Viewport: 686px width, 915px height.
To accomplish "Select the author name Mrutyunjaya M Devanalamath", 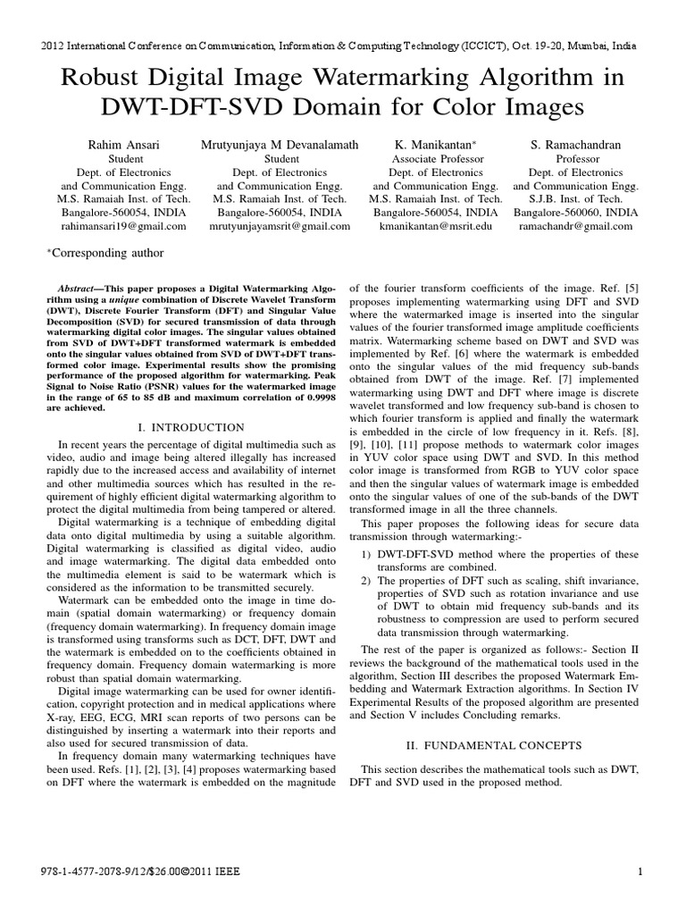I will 279,143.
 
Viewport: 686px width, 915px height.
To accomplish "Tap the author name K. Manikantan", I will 435,143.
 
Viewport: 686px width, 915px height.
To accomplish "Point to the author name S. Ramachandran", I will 576,143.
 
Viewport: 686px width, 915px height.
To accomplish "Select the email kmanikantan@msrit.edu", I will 435,226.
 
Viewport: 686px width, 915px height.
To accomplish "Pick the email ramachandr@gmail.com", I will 576,226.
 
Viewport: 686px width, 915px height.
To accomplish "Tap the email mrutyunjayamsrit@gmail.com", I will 279,226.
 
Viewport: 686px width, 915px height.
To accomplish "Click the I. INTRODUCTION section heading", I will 191,428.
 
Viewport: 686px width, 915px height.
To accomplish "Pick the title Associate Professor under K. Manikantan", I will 435,158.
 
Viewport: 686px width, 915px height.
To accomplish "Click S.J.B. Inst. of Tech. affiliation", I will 576,198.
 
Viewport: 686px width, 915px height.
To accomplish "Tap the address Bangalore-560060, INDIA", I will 576,213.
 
